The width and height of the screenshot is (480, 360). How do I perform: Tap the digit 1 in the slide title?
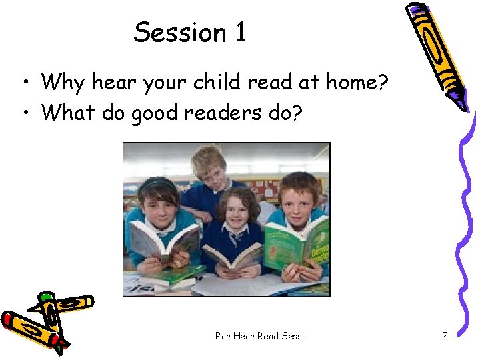click(x=240, y=32)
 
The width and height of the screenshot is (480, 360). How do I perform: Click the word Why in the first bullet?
click(x=64, y=83)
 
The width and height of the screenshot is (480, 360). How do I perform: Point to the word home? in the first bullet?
click(x=361, y=83)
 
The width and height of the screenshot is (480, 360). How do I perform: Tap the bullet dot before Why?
click(x=23, y=83)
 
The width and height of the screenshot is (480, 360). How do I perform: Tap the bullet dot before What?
click(x=23, y=113)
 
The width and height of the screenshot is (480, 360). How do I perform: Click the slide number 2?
click(x=445, y=336)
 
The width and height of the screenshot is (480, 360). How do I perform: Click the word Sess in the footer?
click(x=292, y=336)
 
